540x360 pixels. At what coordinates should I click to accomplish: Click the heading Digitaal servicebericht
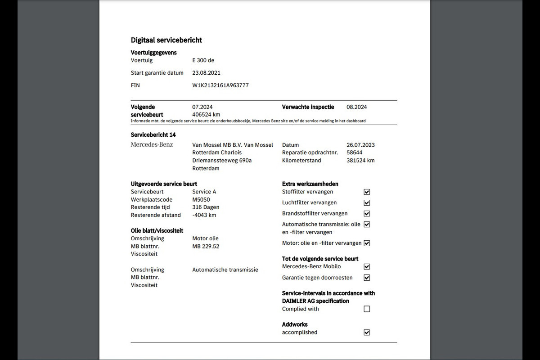point(166,40)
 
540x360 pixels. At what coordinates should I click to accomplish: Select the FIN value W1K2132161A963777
point(220,85)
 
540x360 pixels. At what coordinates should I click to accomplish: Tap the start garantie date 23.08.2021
point(206,72)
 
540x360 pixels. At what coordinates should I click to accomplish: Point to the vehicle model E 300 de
point(203,60)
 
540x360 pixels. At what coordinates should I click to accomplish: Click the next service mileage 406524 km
point(206,114)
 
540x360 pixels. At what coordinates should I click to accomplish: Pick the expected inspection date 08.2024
point(356,107)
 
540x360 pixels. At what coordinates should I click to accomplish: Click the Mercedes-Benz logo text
point(152,144)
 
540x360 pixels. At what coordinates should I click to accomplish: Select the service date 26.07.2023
point(360,145)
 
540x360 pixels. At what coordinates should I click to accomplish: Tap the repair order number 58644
point(355,153)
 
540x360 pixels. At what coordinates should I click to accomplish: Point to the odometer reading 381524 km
point(360,160)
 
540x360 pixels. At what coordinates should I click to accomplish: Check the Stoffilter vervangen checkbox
point(367,192)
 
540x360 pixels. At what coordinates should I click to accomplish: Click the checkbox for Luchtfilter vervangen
point(367,203)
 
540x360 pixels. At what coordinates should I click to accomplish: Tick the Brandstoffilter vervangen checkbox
point(367,214)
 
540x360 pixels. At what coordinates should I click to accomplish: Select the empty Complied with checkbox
point(367,309)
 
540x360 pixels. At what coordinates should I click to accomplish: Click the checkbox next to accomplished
point(367,333)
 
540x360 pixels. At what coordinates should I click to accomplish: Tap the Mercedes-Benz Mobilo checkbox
point(367,267)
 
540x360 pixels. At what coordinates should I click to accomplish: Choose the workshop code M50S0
point(201,199)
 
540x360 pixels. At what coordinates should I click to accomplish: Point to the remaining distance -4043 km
point(204,215)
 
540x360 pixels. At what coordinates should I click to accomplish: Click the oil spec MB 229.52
point(206,246)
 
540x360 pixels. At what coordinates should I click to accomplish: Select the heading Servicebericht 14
point(153,135)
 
